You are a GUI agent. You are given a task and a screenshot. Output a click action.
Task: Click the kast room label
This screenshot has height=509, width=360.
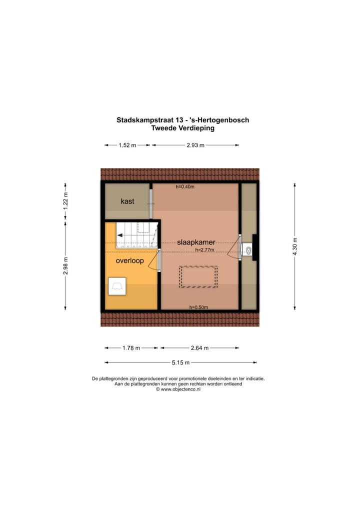pos(127,201)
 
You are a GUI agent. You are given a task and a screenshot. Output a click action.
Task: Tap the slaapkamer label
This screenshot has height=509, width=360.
pos(196,242)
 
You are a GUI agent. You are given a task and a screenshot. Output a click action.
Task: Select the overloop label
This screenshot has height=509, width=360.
pos(129,261)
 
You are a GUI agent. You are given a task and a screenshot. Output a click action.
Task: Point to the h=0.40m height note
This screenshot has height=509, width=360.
pos(185,187)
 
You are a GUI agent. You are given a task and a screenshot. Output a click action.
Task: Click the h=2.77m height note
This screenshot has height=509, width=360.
pos(204,250)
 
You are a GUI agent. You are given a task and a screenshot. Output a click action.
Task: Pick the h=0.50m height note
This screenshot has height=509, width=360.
pos(198,307)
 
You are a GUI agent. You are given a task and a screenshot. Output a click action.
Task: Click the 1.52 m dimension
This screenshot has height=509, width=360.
pos(127,145)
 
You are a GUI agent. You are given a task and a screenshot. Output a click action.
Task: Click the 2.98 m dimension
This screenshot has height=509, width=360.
pos(65,266)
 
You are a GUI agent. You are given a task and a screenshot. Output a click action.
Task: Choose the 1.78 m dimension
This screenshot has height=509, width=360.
pos(131,348)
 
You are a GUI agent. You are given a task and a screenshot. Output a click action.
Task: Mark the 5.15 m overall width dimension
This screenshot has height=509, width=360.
pos(180,362)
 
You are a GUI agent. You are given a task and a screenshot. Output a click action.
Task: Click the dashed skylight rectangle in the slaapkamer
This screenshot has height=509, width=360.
pos(198,277)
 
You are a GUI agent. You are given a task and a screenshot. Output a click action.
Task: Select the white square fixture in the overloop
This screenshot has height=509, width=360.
pos(118,286)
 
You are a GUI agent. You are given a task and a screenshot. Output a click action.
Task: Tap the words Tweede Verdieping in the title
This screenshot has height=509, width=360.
pos(182,128)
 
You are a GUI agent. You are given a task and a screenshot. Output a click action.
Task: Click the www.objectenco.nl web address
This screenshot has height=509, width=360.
pos(180,389)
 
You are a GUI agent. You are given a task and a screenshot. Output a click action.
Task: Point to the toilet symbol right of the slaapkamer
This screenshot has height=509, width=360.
pos(246,248)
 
